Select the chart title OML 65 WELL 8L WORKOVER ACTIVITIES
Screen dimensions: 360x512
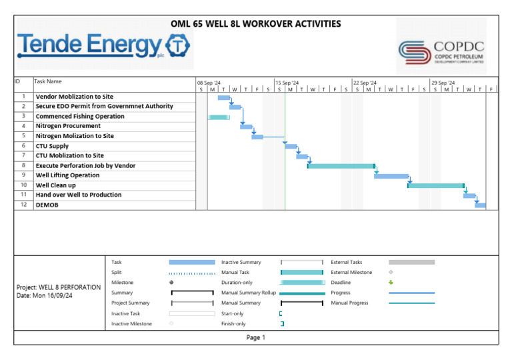256,24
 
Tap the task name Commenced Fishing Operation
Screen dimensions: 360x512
80,117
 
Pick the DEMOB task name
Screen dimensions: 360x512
47,205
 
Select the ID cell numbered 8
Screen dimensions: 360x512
23,165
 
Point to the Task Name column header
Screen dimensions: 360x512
48,81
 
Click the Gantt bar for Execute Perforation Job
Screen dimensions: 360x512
341,166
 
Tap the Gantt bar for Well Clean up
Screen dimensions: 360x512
436,185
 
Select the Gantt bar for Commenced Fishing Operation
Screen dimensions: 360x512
219,117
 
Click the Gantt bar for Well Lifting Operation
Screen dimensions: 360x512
391,176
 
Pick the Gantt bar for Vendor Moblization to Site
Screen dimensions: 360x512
224,98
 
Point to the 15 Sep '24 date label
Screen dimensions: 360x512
287,83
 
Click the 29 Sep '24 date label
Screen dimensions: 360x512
443,83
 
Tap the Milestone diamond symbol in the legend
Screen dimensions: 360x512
171,283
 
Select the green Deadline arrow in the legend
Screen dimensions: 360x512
391,283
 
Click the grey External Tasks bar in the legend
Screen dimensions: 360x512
411,263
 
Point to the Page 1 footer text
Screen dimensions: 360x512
255,338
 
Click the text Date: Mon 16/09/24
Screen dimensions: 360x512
44,296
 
